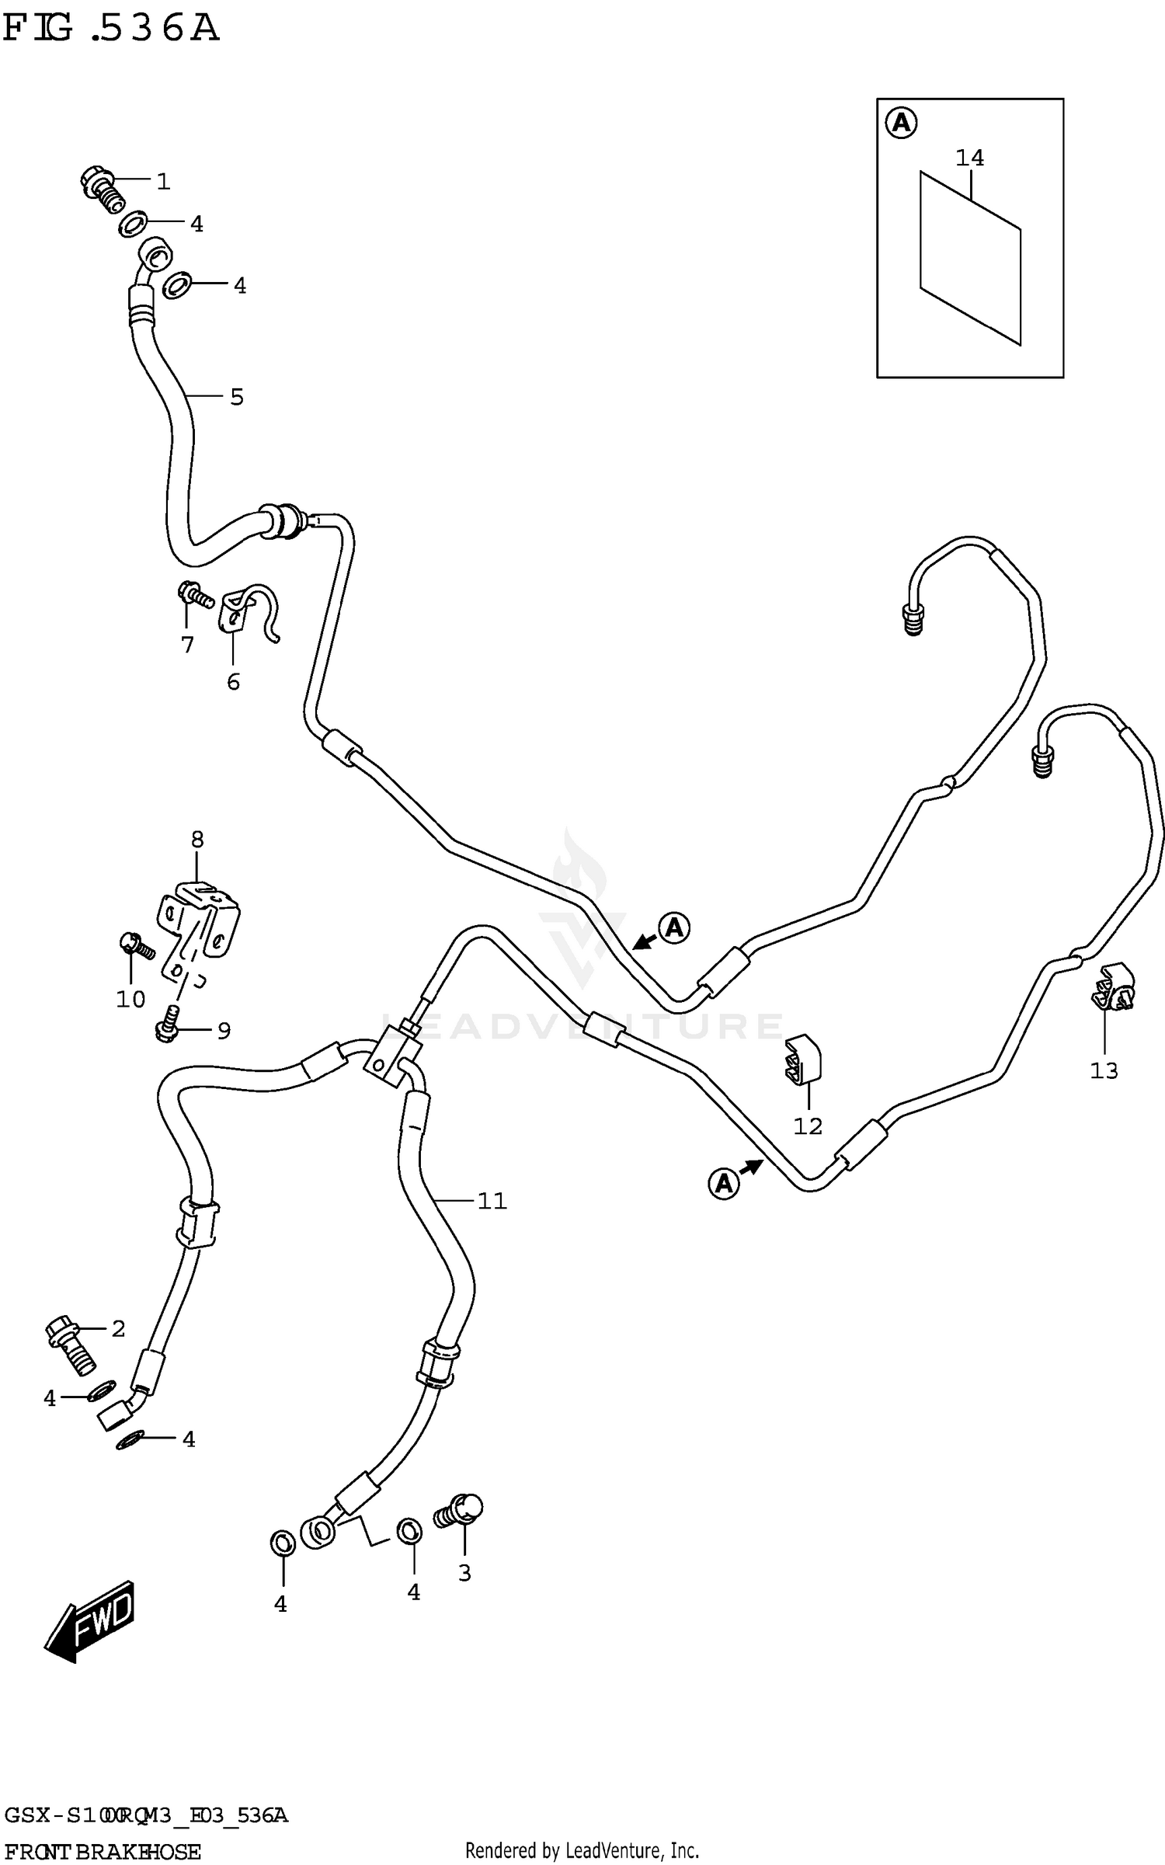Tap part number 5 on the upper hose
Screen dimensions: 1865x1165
click(x=237, y=397)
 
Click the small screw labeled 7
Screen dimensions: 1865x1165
click(x=194, y=596)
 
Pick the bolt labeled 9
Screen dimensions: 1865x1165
click(x=169, y=1021)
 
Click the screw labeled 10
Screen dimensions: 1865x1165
click(x=137, y=945)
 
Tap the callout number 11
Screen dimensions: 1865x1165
click(x=492, y=1201)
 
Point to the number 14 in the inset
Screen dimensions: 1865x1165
click(x=969, y=158)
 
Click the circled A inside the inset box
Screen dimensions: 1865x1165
click(x=902, y=123)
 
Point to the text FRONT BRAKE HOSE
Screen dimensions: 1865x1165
click(x=103, y=1852)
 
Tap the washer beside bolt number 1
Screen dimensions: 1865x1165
click(x=131, y=224)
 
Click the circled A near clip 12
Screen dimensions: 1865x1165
click(x=723, y=1184)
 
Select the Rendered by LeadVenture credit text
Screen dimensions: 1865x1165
click(x=582, y=1850)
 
